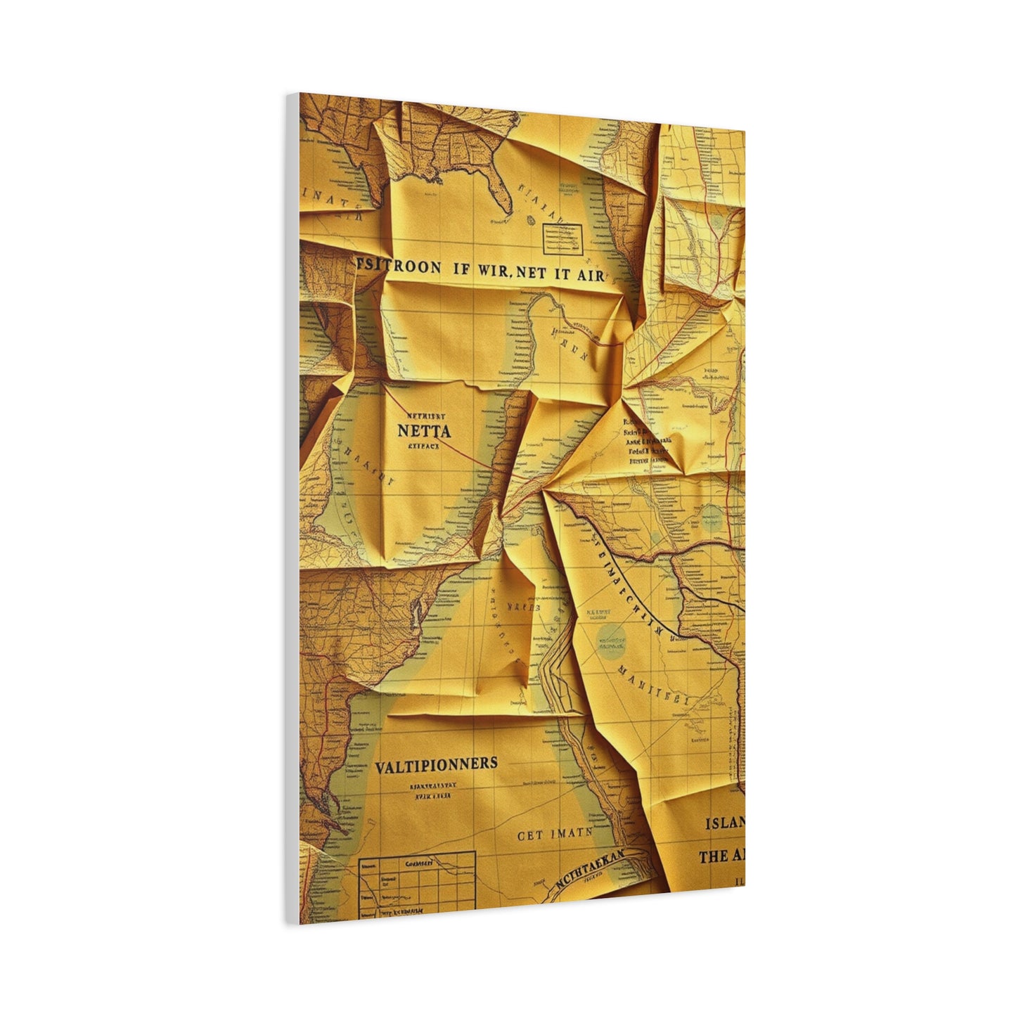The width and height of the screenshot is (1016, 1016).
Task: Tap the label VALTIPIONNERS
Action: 436,764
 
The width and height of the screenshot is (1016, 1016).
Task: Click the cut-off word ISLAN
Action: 724,823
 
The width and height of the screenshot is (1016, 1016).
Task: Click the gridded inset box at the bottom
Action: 417,885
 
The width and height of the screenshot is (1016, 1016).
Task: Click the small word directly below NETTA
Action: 423,445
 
